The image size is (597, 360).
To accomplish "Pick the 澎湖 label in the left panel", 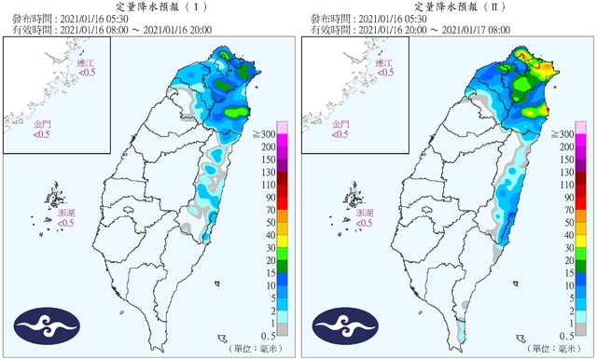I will (x=65, y=218).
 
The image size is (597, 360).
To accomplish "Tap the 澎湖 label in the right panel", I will (x=365, y=218).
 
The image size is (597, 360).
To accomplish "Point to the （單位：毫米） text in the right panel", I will (x=559, y=349).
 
